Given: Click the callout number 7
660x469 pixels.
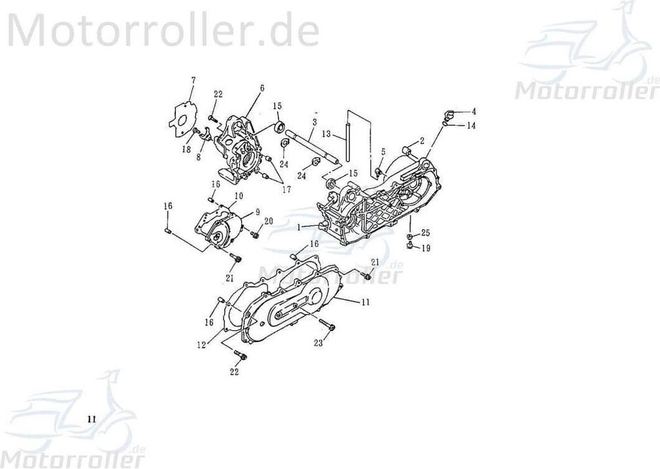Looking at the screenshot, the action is click(x=193, y=79).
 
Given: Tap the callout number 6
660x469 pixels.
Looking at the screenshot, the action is click(x=262, y=88).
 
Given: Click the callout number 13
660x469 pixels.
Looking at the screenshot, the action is click(x=327, y=134).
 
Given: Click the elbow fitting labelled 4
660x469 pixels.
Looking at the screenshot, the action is click(x=449, y=115).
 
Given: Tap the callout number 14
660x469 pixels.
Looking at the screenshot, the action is click(x=472, y=126).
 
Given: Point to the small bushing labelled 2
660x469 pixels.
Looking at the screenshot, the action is click(x=407, y=150).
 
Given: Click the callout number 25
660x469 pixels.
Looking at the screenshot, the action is click(x=425, y=233).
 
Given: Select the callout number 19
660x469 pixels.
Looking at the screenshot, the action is click(x=426, y=248).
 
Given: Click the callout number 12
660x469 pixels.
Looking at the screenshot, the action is click(x=202, y=344).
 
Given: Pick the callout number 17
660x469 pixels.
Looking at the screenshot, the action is click(x=286, y=190).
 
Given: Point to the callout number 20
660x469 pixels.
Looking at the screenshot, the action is click(x=269, y=222).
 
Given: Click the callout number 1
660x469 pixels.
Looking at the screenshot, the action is click(x=299, y=227).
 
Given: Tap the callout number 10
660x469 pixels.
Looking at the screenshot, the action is click(x=238, y=195).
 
